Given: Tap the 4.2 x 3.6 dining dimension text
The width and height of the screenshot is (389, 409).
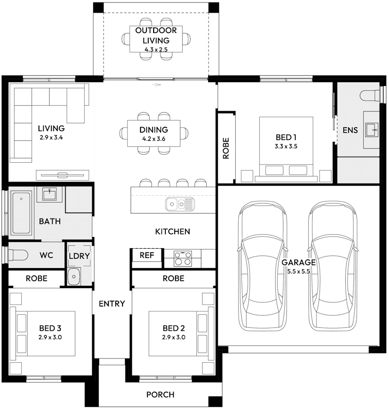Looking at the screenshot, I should click(x=153, y=139).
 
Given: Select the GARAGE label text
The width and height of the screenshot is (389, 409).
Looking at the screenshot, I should click(x=299, y=262).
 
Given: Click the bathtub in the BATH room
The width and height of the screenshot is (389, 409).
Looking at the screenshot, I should click(x=21, y=212).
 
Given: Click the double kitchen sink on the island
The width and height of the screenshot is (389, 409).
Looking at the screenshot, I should click(x=179, y=204).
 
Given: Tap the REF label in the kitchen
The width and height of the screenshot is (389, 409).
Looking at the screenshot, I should click(x=146, y=255).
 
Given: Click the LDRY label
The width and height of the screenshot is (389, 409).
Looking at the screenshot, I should click(x=79, y=256).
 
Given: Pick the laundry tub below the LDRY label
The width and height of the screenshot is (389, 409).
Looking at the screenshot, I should click(x=73, y=276).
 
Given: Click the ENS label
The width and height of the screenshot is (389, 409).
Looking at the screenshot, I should click(x=350, y=130).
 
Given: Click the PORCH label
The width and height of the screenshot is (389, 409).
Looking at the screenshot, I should click(x=160, y=394).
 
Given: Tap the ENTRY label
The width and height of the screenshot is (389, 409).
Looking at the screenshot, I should click(x=112, y=304).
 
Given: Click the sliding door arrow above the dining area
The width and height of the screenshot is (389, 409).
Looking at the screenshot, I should click(x=156, y=85).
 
